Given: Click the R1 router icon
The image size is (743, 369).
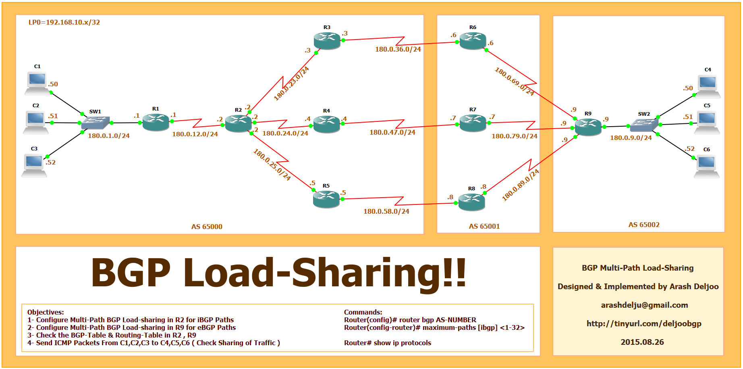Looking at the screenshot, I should point(156,122).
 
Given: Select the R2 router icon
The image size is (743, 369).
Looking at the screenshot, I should point(238,123).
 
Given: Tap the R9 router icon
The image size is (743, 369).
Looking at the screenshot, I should point(588,127).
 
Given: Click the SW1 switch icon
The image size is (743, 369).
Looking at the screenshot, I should point(95,123).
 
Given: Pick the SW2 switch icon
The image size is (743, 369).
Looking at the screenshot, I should point(643,125).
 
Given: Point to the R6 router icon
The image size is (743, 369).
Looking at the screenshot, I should point(473,41).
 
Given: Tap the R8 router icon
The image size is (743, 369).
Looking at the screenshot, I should point(471,202).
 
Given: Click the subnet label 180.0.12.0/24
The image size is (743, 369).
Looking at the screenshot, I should point(195,134).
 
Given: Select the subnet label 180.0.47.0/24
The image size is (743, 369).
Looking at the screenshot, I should point(392,132).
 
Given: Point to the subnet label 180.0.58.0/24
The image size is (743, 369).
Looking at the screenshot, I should point(386,211).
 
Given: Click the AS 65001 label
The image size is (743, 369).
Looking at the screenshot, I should point(484,226).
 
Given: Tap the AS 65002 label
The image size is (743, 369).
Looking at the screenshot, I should point(643,225).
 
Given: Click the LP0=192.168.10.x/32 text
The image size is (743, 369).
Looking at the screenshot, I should point(64,23).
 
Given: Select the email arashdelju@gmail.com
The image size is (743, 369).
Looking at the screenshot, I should point(644,305).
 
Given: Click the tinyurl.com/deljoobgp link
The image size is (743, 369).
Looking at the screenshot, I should point(643,323).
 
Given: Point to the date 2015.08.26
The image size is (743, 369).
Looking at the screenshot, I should point(642,342).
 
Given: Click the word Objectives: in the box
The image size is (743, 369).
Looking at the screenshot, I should point(46,312).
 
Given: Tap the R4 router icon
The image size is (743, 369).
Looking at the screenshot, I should point(326,124).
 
